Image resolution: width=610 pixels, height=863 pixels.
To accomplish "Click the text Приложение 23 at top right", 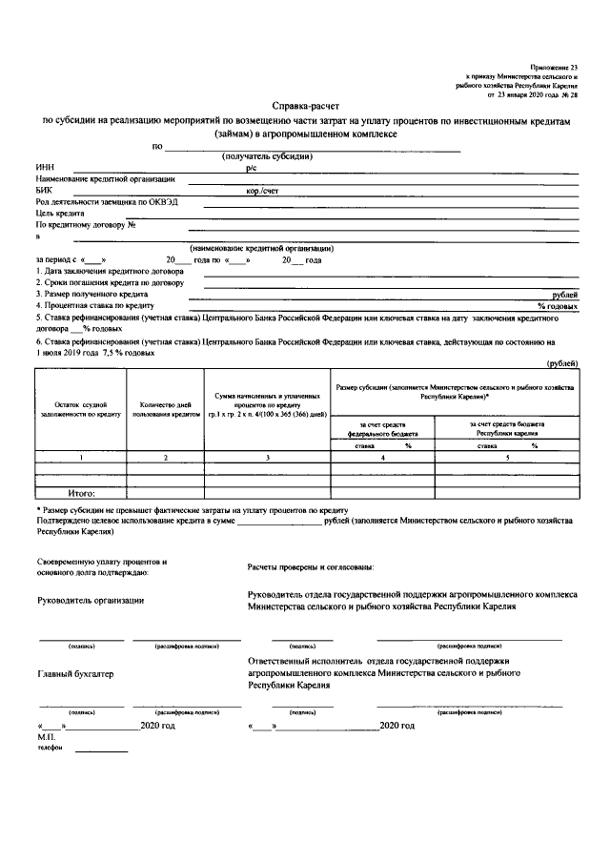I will (556, 66).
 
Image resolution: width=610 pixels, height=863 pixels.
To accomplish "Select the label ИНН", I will (44, 167).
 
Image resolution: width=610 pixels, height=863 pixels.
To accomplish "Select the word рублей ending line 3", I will (561, 295).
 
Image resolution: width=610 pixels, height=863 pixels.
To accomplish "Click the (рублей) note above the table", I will (561, 363).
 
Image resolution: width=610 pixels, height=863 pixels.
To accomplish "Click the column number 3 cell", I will (267, 459).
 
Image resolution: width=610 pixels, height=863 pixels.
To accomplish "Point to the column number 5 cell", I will (507, 459).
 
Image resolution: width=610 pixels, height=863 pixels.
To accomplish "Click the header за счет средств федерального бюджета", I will (382, 427).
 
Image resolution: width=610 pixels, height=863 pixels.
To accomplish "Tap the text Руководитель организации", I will (90, 600).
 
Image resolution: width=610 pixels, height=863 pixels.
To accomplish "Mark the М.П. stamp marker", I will (47, 738).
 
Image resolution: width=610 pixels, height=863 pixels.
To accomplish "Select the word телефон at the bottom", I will (51, 749).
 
